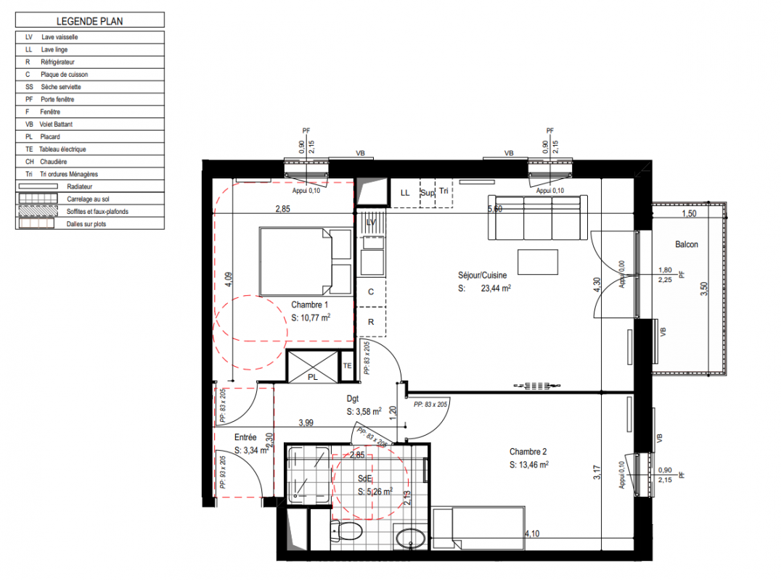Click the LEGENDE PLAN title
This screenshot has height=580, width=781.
tap(90, 21)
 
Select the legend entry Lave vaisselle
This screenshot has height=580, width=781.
tap(60, 37)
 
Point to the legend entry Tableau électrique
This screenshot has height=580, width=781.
tap(62, 149)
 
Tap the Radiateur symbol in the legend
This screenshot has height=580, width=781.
tap(38, 186)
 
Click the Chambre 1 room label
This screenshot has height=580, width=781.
tap(309, 304)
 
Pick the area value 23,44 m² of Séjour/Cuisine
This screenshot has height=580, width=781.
tap(496, 288)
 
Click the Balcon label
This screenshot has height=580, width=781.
tap(687, 244)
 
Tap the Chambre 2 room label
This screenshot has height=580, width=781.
tap(528, 452)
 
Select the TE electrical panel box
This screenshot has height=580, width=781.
tap(347, 366)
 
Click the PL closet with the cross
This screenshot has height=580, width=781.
tap(313, 367)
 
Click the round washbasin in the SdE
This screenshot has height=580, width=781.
tap(410, 538)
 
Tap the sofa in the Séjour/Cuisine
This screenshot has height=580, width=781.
tap(537, 217)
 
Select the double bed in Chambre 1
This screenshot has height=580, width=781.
tap(306, 262)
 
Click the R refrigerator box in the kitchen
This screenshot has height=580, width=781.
tap(371, 322)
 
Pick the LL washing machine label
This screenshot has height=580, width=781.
tap(405, 193)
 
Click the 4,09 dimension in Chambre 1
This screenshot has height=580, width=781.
tap(228, 280)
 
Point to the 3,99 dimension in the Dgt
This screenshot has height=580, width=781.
tap(306, 423)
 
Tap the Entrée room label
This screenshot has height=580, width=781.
tap(245, 437)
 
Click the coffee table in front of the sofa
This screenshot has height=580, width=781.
tap(537, 262)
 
